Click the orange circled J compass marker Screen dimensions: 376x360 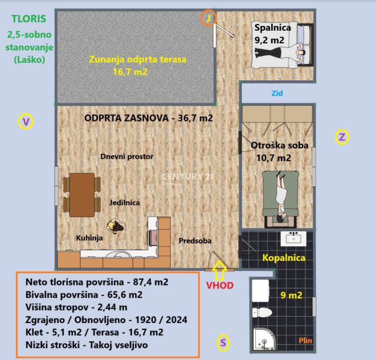click(208, 18)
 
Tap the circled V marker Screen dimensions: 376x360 click(26, 122)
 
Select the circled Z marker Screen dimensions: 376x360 click(342, 137)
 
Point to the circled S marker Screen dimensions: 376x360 click(223, 343)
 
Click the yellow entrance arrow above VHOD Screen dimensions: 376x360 click(219, 270)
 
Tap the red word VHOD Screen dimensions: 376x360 click(220, 285)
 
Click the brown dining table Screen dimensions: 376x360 click(82, 195)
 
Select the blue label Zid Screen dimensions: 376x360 click(277, 93)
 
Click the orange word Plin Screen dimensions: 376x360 click(305, 340)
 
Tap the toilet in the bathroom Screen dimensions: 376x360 click(262, 313)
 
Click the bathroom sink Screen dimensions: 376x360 click(293, 238)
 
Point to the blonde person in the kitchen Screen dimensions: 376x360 click(115, 226)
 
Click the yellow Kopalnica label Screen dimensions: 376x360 click(284, 258)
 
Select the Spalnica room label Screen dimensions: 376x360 click(273, 28)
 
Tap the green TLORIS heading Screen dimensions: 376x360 click(29, 19)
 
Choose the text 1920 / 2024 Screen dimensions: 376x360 click(161, 320)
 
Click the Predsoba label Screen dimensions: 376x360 click(195, 241)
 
